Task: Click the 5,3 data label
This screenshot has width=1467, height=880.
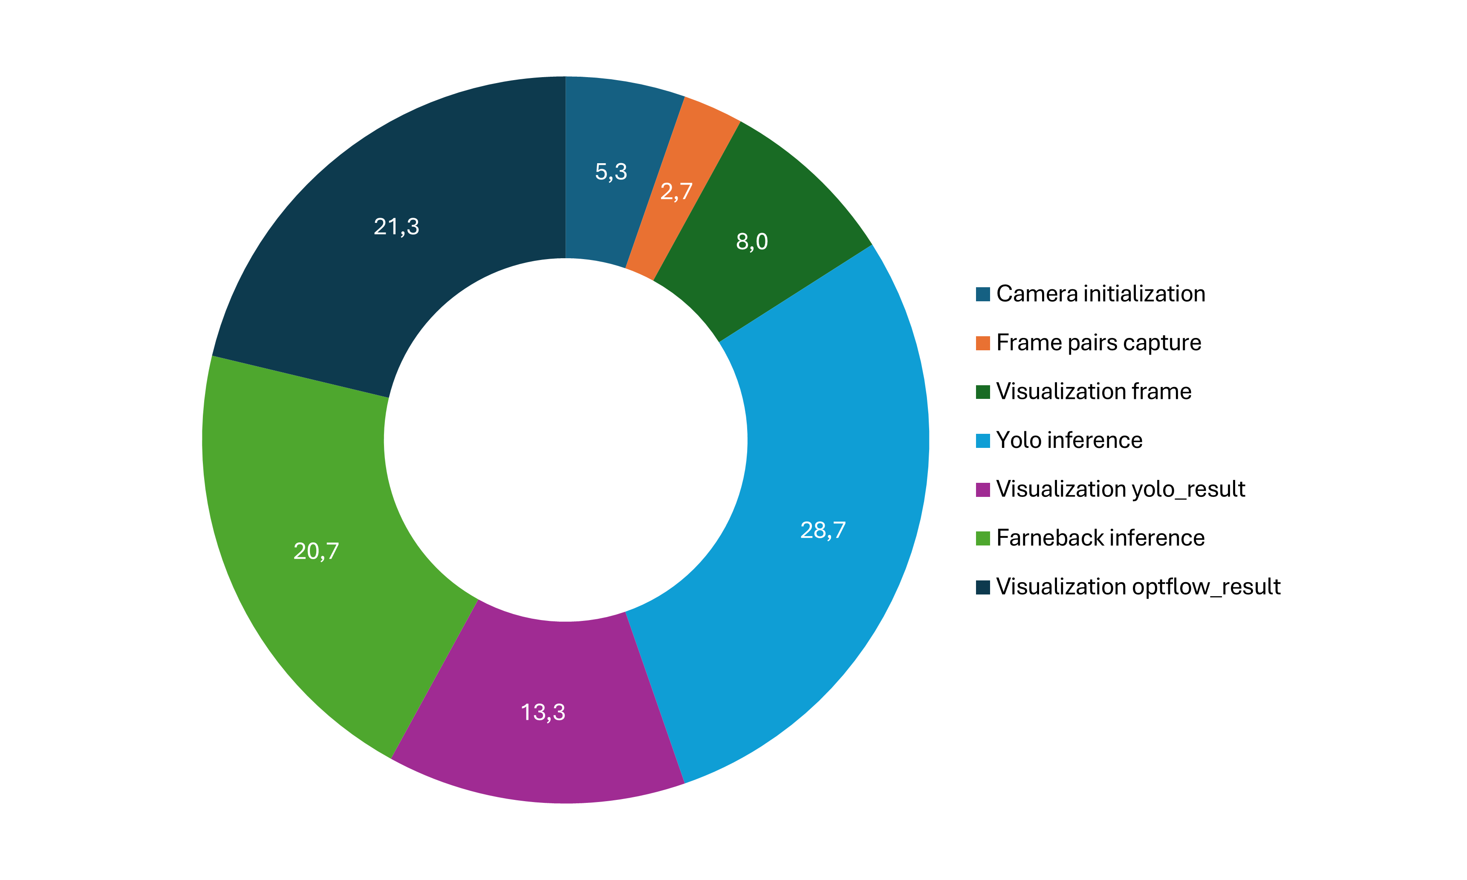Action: pyautogui.click(x=611, y=172)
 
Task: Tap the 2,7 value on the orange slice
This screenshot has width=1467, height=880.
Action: pyautogui.click(x=676, y=191)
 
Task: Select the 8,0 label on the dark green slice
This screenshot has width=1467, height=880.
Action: pyautogui.click(x=752, y=241)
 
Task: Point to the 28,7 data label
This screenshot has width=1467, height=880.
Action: pyautogui.click(x=823, y=530)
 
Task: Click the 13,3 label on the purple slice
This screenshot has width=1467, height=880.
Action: pyautogui.click(x=543, y=712)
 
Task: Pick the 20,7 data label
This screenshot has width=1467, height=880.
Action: pyautogui.click(x=316, y=551)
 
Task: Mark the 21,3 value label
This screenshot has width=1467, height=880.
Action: pyautogui.click(x=396, y=227)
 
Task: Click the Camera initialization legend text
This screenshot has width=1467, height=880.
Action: pyautogui.click(x=1100, y=294)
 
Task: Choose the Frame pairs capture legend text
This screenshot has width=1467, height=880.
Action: pyautogui.click(x=1098, y=343)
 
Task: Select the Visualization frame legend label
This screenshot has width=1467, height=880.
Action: pyautogui.click(x=1094, y=391)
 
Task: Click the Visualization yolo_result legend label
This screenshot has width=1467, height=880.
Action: pyautogui.click(x=1120, y=489)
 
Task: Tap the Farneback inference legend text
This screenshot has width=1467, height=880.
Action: pyautogui.click(x=1100, y=538)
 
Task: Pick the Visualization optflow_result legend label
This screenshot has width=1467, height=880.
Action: pyautogui.click(x=1138, y=586)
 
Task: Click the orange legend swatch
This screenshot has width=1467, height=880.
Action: pyautogui.click(x=982, y=343)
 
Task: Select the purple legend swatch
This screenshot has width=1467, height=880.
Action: pyautogui.click(x=982, y=490)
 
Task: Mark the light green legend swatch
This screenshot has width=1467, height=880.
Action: pyautogui.click(x=982, y=538)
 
